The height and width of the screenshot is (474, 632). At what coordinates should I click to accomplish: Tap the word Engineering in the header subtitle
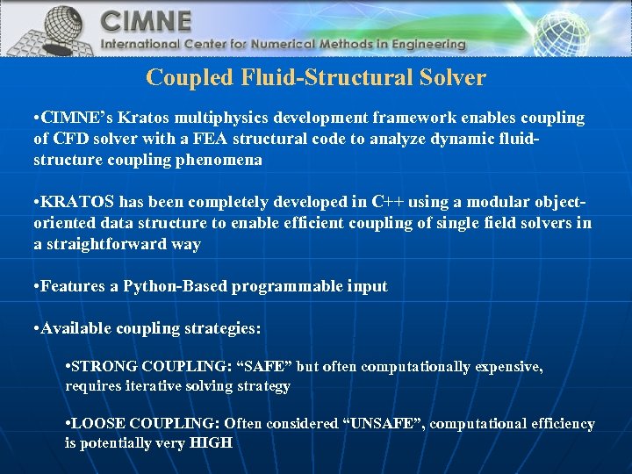coord(425,44)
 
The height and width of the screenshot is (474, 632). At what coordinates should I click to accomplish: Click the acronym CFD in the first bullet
coord(69,139)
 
